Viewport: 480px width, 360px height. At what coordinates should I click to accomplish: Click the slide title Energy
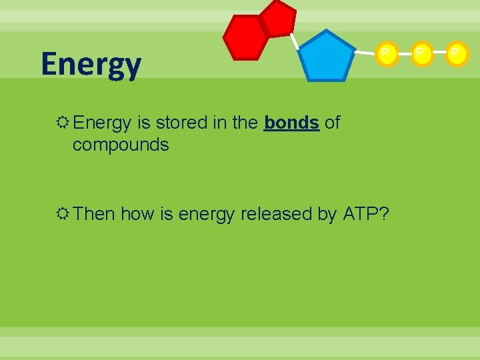tap(91, 65)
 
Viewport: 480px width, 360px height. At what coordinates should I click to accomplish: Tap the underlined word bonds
tap(291, 123)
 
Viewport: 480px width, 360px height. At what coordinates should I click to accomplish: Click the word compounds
tap(121, 144)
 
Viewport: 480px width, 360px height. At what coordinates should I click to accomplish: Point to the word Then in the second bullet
tap(95, 214)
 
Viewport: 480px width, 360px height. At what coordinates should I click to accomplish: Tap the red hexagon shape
tap(245, 37)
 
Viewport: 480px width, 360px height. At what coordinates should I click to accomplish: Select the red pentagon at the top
tap(277, 18)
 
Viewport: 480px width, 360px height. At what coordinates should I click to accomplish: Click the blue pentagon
tap(326, 57)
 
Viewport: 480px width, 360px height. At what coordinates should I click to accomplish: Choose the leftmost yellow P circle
tap(386, 53)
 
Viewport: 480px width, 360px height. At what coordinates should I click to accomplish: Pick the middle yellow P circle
tap(421, 53)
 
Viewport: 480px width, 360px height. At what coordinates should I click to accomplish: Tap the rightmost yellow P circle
tap(455, 53)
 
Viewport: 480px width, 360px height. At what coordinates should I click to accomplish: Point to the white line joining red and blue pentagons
tap(294, 41)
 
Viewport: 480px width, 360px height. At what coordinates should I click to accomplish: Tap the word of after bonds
tap(332, 123)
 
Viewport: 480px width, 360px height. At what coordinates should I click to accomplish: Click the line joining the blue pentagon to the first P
tap(364, 53)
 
